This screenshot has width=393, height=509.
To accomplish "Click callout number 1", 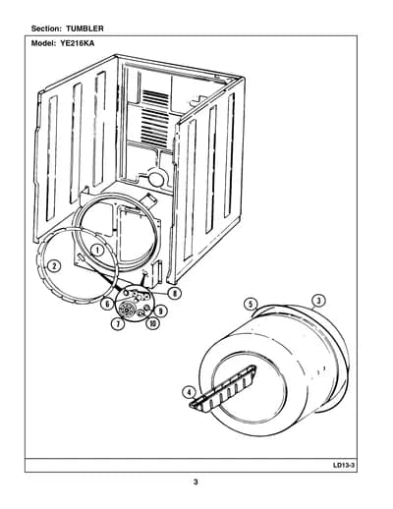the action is (x=97, y=251).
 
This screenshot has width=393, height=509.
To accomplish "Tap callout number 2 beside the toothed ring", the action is (x=54, y=266).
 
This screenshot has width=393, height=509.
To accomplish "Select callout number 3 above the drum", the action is (x=319, y=301).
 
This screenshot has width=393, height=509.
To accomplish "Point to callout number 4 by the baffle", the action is (x=189, y=392).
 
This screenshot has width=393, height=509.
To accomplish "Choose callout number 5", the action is (x=251, y=305).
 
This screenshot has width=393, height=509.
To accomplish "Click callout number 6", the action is (x=107, y=304).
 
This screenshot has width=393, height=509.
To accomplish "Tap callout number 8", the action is (x=175, y=293).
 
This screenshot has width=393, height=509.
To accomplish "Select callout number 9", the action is (x=160, y=311).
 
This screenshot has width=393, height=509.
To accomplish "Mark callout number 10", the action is (x=153, y=323).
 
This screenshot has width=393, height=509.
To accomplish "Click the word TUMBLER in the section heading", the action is (x=84, y=28).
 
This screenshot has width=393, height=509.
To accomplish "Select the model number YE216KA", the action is (x=77, y=43).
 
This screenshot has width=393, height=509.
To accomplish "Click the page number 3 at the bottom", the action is (x=196, y=481).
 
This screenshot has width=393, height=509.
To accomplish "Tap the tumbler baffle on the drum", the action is (x=223, y=388).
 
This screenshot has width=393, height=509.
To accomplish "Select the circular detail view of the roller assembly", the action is (x=135, y=305).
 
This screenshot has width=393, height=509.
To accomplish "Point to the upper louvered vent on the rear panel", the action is (x=156, y=97).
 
